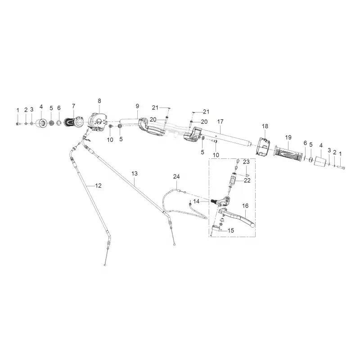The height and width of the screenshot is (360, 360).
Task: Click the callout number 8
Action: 99,101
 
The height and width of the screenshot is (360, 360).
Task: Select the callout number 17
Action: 220,121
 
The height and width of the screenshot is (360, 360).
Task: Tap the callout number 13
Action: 135,174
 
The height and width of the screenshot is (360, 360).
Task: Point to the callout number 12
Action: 98,185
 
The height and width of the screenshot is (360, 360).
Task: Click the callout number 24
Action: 176,176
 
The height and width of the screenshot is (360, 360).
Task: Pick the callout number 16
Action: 245,206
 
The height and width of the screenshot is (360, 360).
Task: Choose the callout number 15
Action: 231,230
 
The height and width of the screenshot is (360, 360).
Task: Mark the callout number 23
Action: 246,162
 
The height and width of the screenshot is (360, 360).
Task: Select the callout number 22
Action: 247,180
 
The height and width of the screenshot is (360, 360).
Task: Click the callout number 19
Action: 288,137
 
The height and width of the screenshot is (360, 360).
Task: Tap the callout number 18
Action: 265,126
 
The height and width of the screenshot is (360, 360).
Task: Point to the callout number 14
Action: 196,201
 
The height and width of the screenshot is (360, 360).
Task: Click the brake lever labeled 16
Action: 237,217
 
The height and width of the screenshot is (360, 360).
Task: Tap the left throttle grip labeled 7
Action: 73,122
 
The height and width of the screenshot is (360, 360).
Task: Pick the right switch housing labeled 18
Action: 263,147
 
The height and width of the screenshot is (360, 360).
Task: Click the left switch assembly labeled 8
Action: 98,122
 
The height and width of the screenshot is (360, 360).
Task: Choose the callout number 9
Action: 137,106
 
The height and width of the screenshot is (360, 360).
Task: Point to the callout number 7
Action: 73,106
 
